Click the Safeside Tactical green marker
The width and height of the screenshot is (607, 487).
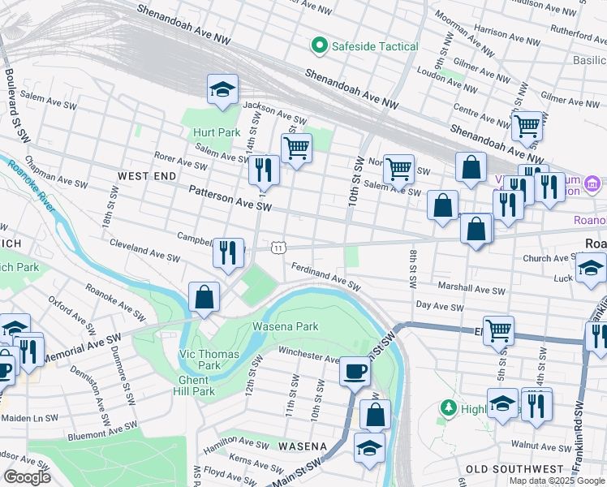[x=320, y=46]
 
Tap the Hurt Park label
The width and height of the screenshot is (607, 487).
[x=217, y=132]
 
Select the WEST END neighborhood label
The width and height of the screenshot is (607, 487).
[x=146, y=175]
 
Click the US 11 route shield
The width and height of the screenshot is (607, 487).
[x=278, y=248]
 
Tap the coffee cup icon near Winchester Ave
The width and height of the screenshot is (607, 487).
[x=355, y=372]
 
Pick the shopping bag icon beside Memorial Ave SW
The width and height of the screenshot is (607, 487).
[x=204, y=297]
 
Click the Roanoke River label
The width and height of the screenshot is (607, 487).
[x=32, y=186]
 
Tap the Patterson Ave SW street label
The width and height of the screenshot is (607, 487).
[x=230, y=199]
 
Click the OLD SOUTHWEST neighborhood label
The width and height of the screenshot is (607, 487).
[x=509, y=469]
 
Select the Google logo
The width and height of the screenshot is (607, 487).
[x=27, y=477]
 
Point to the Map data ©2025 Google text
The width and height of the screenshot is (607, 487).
[x=556, y=481]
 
